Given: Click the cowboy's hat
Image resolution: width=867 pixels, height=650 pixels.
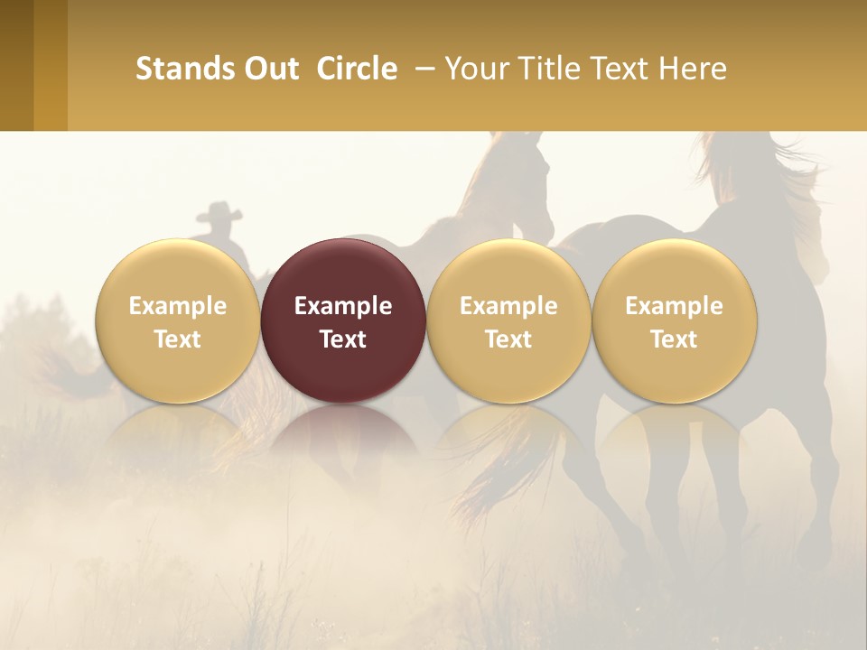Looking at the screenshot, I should (219, 213).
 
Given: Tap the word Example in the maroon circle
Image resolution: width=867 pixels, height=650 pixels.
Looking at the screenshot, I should (343, 306).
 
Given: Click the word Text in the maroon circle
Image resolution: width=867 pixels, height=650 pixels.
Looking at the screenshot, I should (343, 339).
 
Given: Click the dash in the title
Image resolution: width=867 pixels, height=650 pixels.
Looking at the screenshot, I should (423, 69).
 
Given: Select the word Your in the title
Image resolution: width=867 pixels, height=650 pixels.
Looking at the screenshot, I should (475, 69).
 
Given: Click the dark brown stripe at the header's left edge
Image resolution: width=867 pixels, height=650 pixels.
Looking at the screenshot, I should (16, 65).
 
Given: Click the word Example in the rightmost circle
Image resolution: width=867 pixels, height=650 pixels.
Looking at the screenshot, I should (674, 306).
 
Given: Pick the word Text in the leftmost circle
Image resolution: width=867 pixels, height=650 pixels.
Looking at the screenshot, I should (177, 339).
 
